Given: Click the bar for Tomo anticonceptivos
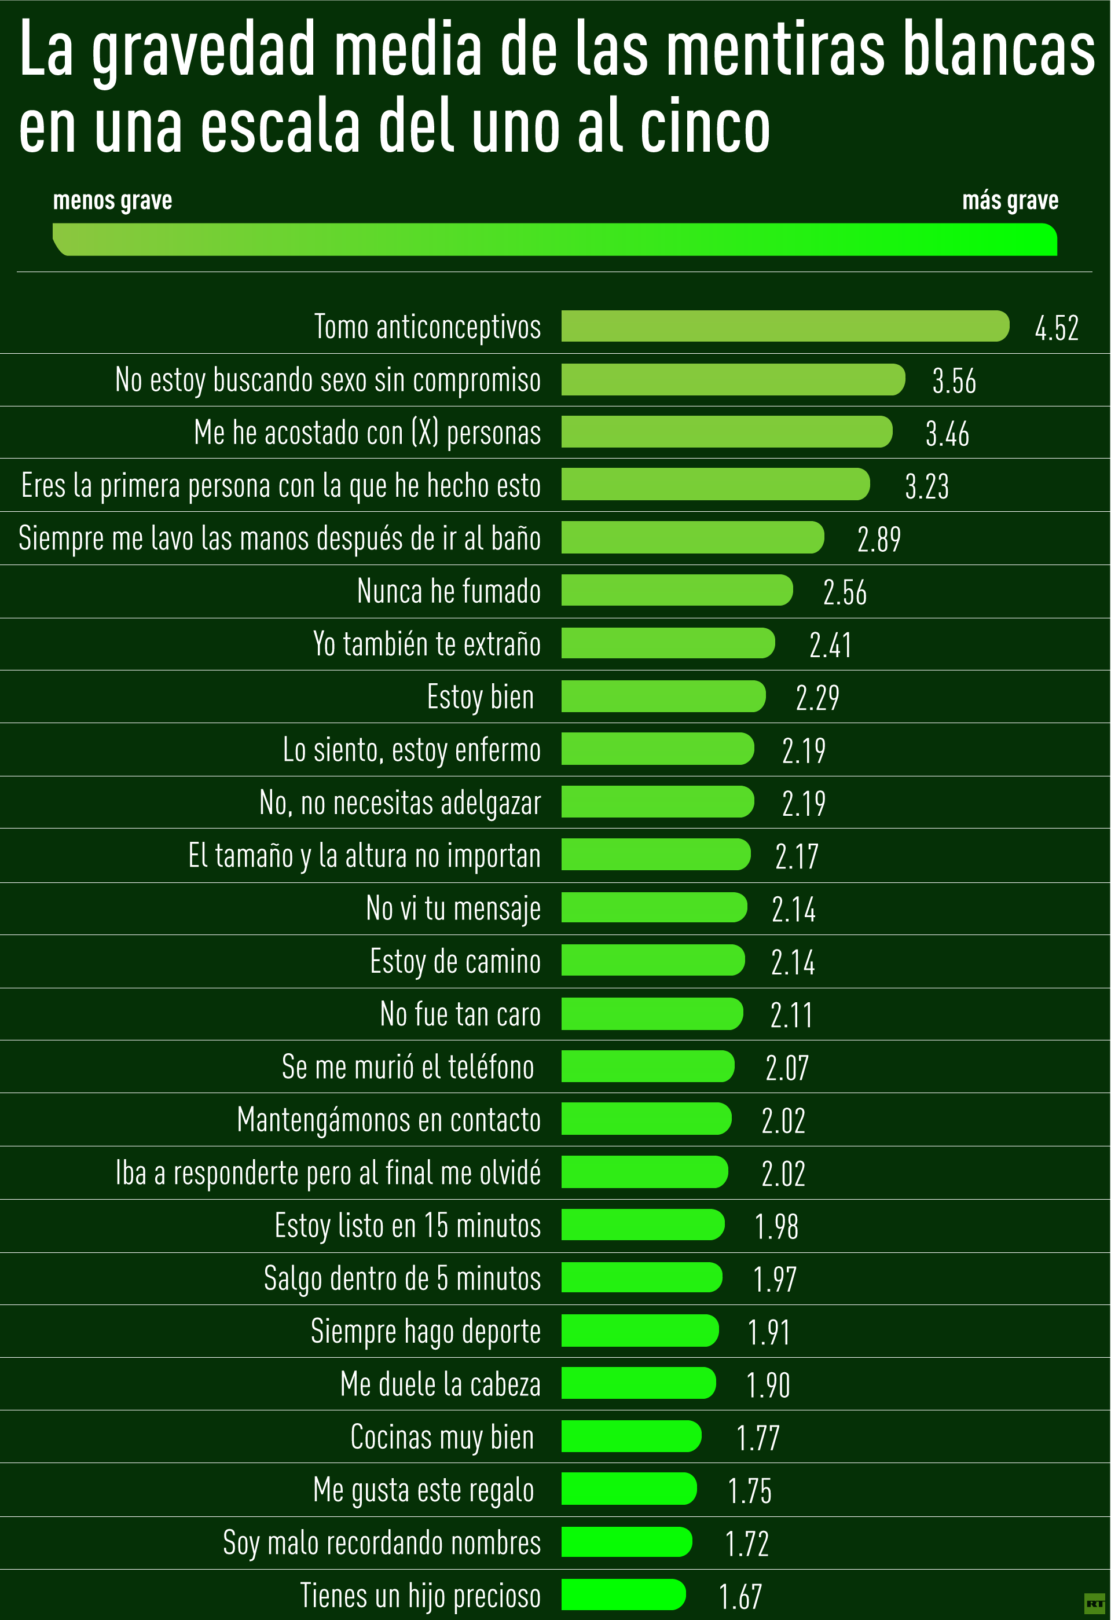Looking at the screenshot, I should [785, 326].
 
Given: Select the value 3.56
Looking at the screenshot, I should [954, 380].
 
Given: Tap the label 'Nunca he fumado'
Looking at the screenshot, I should [448, 591].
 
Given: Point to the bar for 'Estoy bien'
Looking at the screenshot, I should [663, 697].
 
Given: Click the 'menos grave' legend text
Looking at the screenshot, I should [112, 201].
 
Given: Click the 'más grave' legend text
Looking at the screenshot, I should [1010, 201].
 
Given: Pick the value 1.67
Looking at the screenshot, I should [740, 1596].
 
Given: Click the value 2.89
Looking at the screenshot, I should [879, 540].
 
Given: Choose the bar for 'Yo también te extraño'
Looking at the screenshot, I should [668, 643].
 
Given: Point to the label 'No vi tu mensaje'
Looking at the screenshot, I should [453, 908].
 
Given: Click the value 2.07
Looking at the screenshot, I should [787, 1068].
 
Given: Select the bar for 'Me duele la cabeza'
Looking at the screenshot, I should [638, 1383].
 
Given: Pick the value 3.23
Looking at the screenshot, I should [926, 486].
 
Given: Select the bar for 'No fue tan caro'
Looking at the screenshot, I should [652, 1014].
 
